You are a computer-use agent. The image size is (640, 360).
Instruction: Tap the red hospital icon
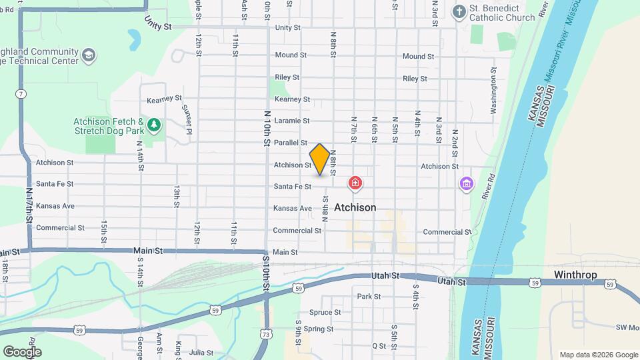pos(355,183)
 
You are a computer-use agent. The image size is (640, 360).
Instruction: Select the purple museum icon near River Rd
pos(466,183)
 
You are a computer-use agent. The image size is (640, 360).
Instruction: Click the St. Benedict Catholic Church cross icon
pos(459,11)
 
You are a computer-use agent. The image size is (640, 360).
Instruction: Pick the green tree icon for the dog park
pos(154,125)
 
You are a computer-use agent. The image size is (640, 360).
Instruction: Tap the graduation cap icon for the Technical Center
pos(89,55)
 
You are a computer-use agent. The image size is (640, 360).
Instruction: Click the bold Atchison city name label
pos(355,207)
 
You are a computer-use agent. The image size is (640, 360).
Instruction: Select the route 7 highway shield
pos(21,94)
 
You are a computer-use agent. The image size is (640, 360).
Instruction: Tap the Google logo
pos(22,351)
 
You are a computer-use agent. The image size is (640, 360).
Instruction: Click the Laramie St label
pos(292,121)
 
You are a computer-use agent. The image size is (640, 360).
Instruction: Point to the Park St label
pos(369,296)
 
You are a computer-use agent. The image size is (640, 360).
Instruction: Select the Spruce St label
pos(325,312)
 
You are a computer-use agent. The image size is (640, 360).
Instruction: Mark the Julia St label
pos(201,352)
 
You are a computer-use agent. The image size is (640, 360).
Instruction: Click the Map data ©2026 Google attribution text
pos(598,355)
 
